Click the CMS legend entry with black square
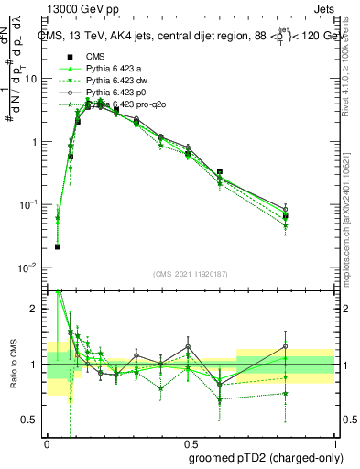click(95, 57)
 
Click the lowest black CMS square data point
click(58, 246)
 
